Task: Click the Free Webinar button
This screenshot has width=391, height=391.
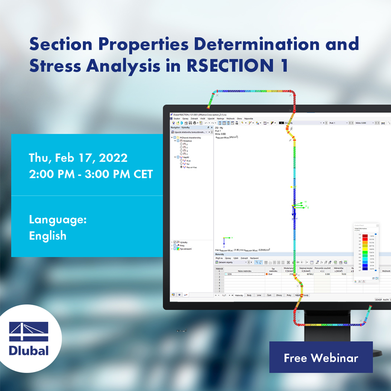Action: pos(321,358)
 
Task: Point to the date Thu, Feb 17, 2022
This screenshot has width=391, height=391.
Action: pos(78,158)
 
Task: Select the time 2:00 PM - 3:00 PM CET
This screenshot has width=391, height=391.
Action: pos(91,174)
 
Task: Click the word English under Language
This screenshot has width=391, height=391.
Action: pos(48,236)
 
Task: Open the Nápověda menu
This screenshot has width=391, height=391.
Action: pos(249,118)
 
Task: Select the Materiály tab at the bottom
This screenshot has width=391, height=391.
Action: pos(238,296)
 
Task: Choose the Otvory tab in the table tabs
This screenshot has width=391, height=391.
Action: pos(279,296)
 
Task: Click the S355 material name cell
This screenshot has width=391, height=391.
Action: pos(244,274)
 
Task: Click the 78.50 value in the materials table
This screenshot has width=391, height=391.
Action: pos(343,274)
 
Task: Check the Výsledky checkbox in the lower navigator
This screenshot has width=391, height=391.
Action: pos(175,242)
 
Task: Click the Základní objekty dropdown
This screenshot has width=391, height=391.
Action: pos(229,262)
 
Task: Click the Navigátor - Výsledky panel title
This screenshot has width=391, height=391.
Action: pos(180,127)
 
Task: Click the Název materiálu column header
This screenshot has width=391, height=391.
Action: pos(244,270)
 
